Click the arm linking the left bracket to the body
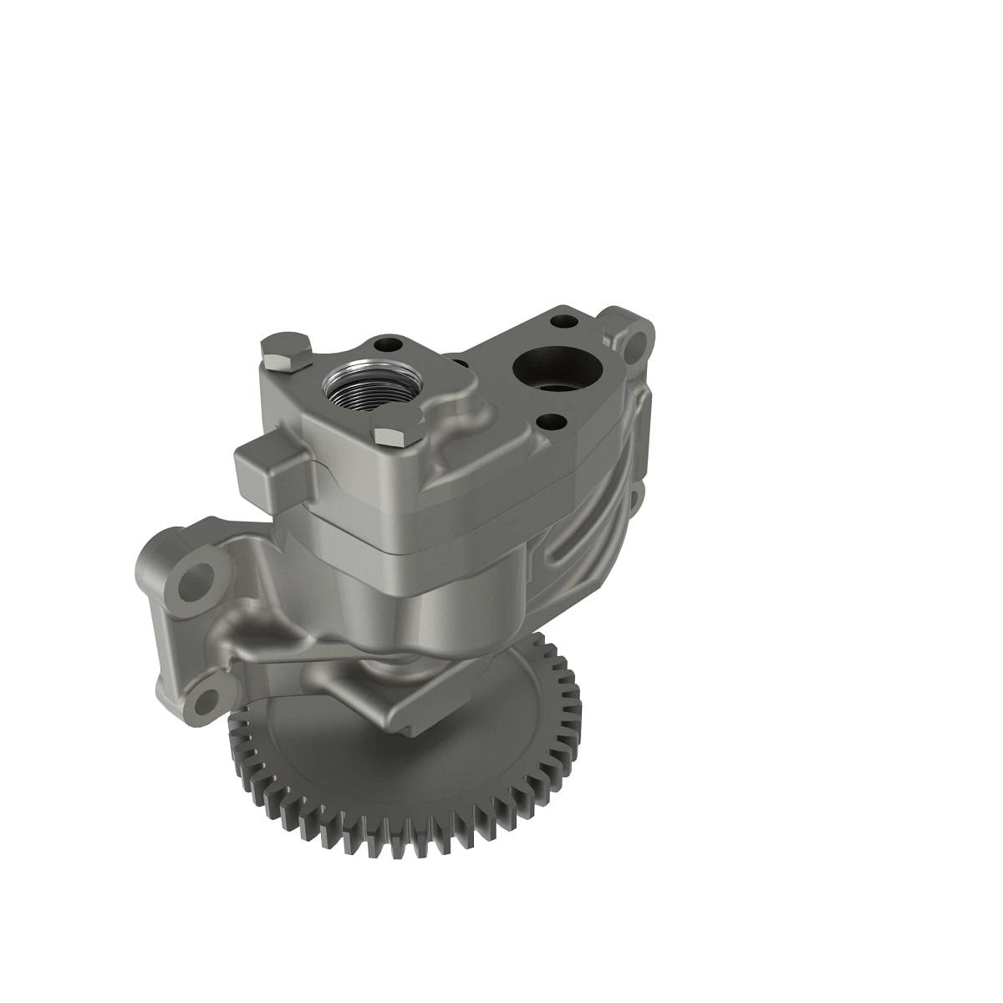point(267,619)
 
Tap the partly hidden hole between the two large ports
point(458,364)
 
